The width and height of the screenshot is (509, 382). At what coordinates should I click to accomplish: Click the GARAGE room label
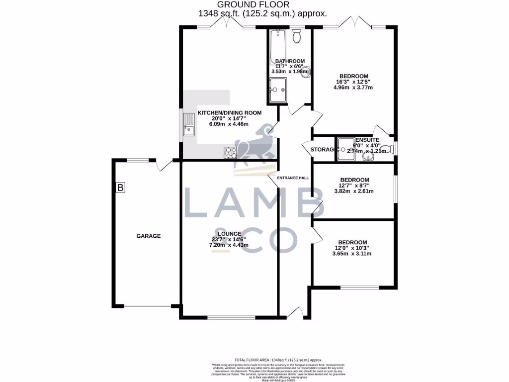149,236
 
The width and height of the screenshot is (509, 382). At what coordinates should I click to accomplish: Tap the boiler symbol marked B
120,188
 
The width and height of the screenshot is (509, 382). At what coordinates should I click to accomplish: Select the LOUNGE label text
229,233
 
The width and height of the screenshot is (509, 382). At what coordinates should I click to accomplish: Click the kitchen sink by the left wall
189,124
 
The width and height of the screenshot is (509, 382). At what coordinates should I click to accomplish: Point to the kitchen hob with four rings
231,153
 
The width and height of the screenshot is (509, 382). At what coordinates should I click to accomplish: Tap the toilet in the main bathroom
297,36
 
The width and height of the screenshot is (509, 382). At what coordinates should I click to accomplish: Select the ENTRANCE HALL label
293,178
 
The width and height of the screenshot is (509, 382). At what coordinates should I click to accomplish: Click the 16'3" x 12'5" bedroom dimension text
352,82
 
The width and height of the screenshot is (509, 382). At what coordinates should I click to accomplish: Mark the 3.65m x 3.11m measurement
352,254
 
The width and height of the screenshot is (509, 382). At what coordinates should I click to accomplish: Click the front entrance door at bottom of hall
295,313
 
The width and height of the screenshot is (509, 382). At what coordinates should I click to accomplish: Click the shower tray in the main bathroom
277,90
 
